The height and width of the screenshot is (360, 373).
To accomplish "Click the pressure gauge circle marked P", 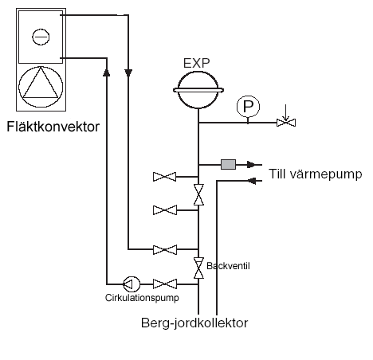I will (x=248, y=106).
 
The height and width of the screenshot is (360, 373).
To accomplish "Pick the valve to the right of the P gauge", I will (x=285, y=123).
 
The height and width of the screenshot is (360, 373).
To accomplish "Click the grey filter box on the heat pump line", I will (x=228, y=165).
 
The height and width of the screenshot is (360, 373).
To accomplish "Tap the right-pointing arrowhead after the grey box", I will (x=256, y=165).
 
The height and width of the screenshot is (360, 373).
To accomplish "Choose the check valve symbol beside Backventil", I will (x=198, y=268).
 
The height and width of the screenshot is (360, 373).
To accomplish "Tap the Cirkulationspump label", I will (x=141, y=298).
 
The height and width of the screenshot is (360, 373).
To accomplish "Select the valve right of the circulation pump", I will (x=166, y=283).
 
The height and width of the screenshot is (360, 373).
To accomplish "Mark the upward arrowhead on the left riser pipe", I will (x=107, y=72).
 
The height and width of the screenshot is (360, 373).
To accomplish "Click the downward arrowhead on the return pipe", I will (x=130, y=72).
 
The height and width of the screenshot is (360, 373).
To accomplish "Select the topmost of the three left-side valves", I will (x=166, y=176).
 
